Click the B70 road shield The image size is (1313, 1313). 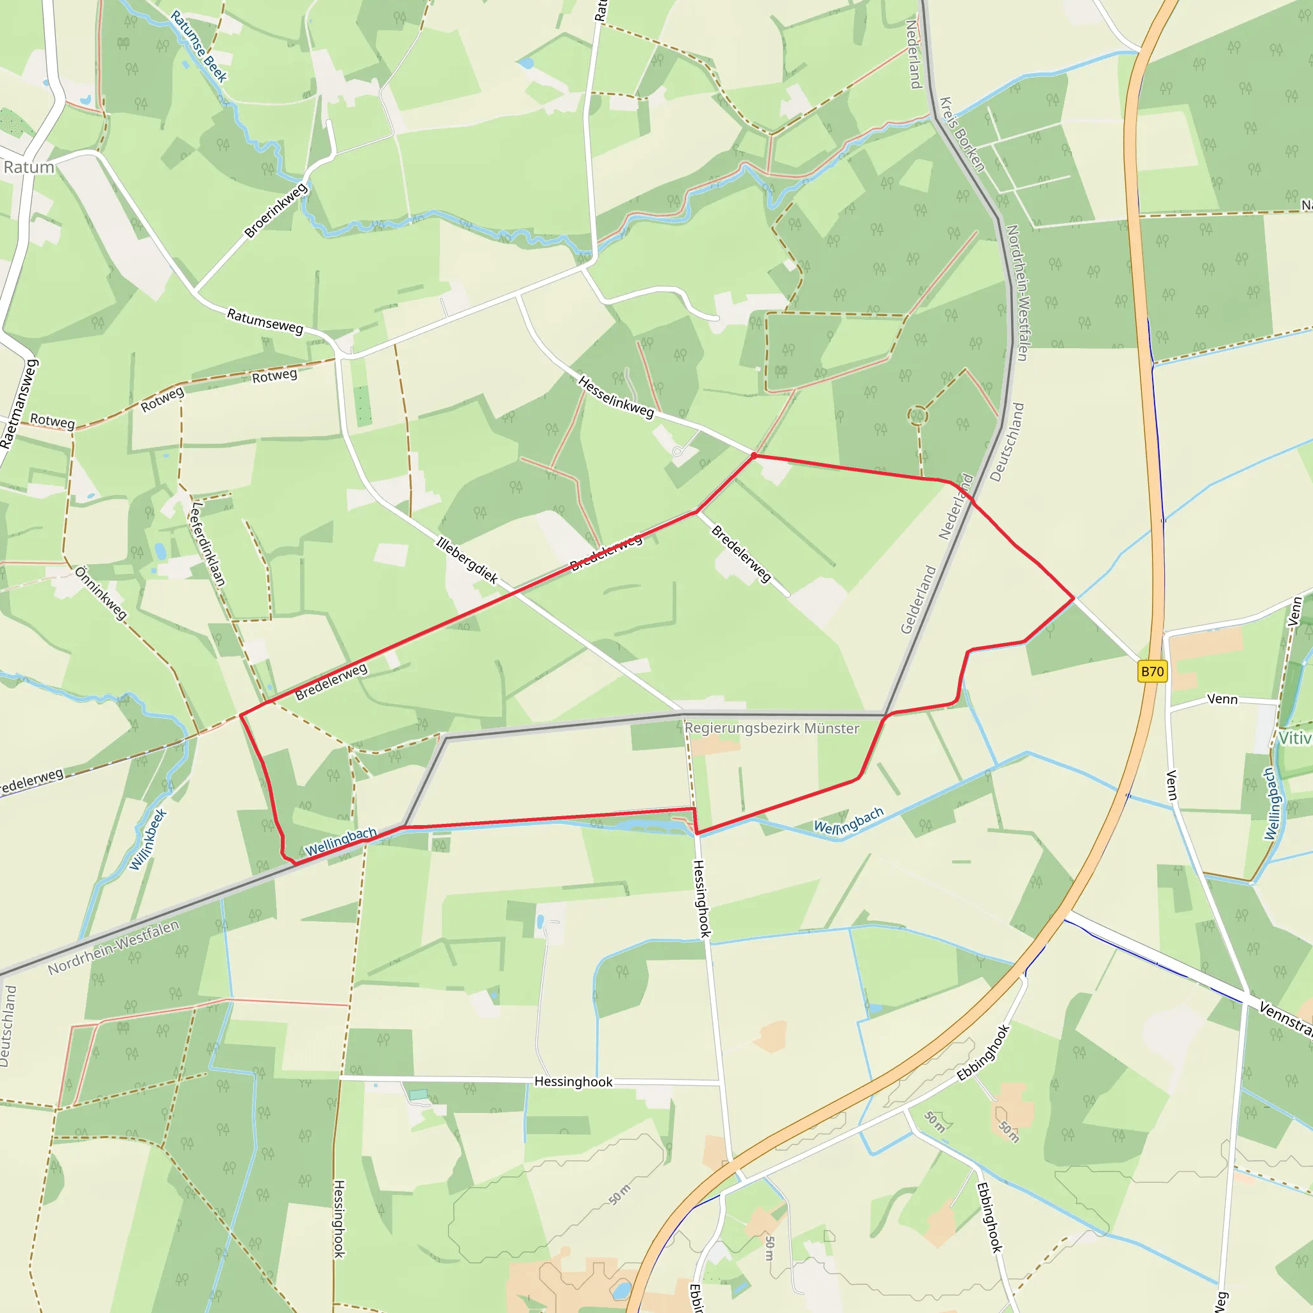click(x=1151, y=672)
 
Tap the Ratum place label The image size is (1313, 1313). click(x=29, y=167)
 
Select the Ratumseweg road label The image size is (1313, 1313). click(x=265, y=321)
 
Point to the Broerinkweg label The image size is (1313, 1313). click(x=275, y=211)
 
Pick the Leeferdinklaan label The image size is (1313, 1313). click(x=208, y=544)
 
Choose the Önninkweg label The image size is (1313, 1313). click(x=101, y=593)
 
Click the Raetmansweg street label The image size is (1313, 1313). click(x=20, y=404)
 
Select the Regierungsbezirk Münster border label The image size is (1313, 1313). click(x=771, y=728)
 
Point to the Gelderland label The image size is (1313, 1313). click(x=918, y=600)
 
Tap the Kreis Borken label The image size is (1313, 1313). click(x=962, y=135)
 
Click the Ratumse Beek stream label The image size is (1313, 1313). click(x=199, y=46)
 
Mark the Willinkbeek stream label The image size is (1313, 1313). click(x=148, y=839)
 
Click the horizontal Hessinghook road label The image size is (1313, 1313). click(x=573, y=1082)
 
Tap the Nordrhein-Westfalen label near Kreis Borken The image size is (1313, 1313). click(x=1017, y=292)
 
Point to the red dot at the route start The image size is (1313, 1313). click(x=754, y=455)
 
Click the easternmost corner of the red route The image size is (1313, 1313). click(x=1074, y=598)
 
